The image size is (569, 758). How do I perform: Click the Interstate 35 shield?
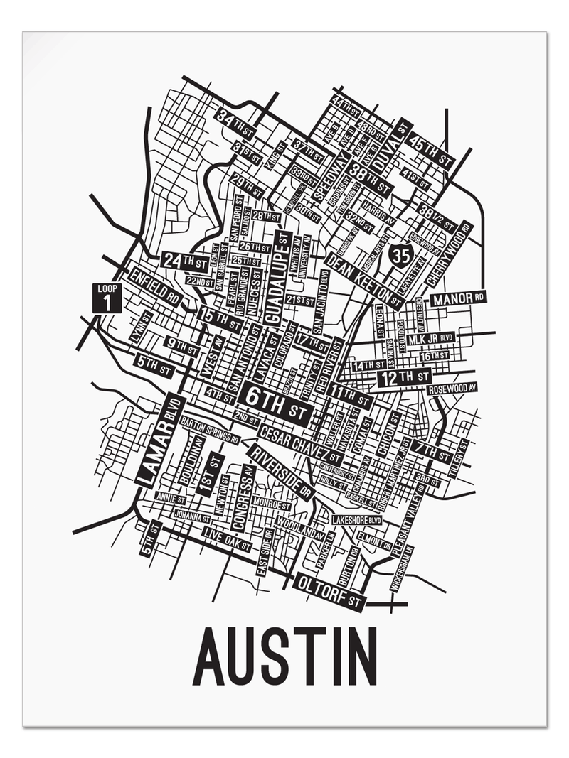tap(401, 254)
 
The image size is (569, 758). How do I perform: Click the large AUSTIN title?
tap(284, 654)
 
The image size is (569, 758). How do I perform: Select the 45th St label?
tap(432, 147)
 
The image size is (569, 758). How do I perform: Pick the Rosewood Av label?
tap(451, 389)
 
